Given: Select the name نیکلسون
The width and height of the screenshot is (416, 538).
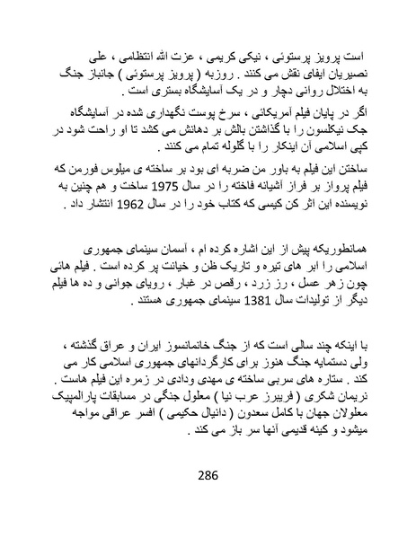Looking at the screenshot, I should [x=310, y=128].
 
